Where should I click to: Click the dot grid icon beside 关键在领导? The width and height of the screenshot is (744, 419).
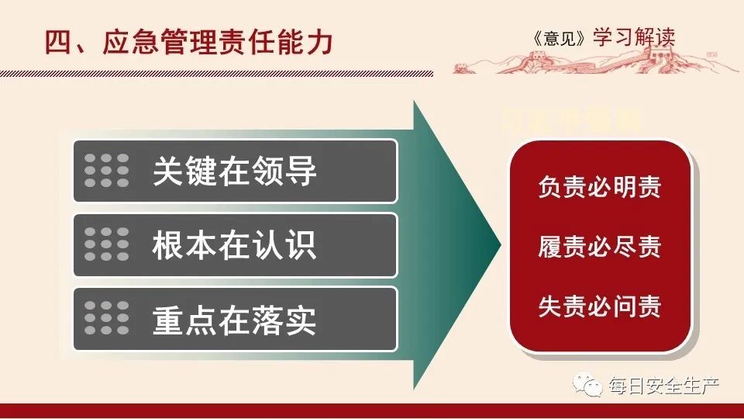click(107, 171)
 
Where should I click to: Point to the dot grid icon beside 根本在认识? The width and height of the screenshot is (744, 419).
click(107, 244)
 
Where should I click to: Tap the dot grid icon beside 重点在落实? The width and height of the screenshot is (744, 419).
click(107, 319)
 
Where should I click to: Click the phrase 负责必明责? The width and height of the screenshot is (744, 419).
click(599, 187)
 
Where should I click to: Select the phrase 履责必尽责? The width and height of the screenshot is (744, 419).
click(599, 247)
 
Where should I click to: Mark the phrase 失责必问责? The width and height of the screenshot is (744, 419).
click(599, 306)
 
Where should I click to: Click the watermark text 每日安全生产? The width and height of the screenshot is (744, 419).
click(663, 386)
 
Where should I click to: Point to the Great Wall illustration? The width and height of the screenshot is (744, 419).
click(589, 59)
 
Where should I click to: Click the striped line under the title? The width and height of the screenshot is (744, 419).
click(225, 74)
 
